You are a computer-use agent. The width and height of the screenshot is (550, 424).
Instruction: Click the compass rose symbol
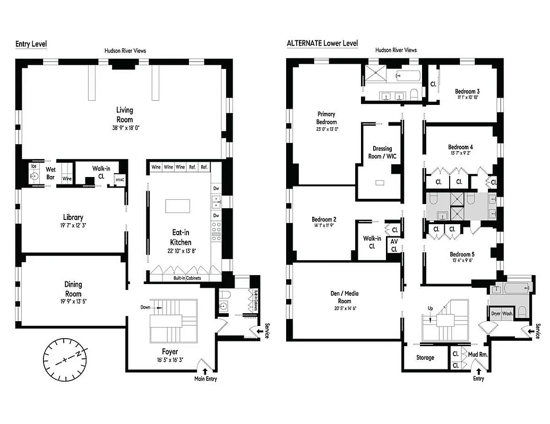click(x=65, y=359)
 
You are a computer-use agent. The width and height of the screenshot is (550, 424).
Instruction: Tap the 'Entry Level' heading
click(x=30, y=43)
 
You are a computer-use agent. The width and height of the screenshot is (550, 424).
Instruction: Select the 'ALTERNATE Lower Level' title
click(x=322, y=43)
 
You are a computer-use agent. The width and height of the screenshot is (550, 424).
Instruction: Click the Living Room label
click(x=125, y=114)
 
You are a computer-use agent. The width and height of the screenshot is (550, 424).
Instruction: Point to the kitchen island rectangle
click(x=178, y=206)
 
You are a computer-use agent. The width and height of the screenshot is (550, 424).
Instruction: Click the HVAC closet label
click(x=120, y=180)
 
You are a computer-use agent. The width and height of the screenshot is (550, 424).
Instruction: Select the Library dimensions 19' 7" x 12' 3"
click(x=73, y=226)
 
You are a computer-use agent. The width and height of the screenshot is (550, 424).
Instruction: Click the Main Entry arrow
click(x=205, y=372)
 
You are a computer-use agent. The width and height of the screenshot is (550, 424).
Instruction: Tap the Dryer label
click(x=496, y=314)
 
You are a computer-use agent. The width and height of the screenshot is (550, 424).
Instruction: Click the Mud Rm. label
click(x=477, y=355)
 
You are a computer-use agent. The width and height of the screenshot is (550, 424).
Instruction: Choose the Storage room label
click(x=425, y=358)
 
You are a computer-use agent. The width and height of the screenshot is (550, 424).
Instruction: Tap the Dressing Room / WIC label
click(x=382, y=152)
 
